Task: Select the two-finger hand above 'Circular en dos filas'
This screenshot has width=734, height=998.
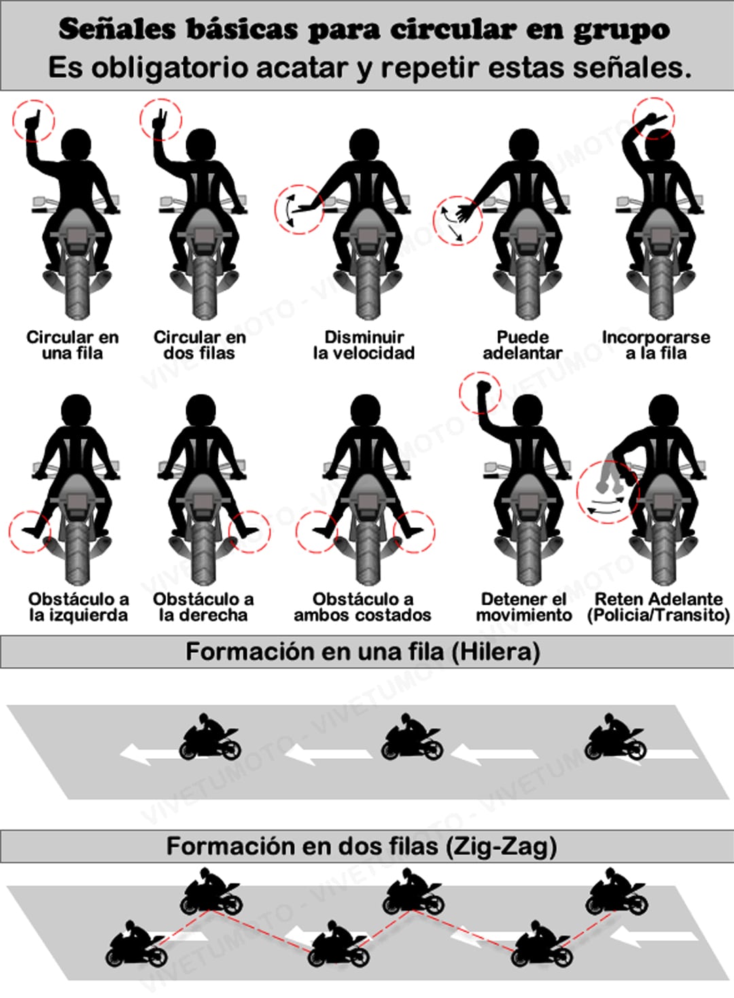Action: click(158, 120)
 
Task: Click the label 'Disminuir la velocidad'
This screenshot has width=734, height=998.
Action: click(364, 345)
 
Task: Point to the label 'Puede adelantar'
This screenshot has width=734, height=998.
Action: click(523, 345)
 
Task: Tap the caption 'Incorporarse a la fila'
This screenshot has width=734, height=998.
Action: click(656, 345)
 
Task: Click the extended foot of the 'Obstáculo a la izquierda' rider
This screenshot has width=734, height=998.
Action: click(31, 531)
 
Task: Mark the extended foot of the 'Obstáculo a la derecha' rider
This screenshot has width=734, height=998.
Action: click(248, 531)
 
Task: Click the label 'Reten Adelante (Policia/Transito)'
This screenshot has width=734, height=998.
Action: click(659, 607)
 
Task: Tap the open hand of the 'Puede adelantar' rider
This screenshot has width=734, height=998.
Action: click(465, 213)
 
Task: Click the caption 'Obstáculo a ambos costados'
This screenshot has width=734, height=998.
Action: click(363, 607)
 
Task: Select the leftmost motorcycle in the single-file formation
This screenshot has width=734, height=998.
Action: click(209, 737)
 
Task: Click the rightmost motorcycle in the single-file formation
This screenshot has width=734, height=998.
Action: click(615, 736)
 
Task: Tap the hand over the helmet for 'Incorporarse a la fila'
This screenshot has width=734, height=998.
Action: click(654, 118)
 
